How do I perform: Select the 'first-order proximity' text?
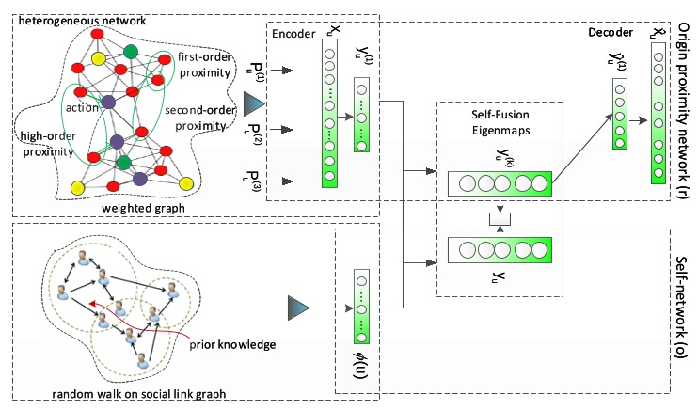(x=205, y=65)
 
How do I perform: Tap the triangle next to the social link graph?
(x=298, y=306)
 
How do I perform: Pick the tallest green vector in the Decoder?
(x=657, y=108)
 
